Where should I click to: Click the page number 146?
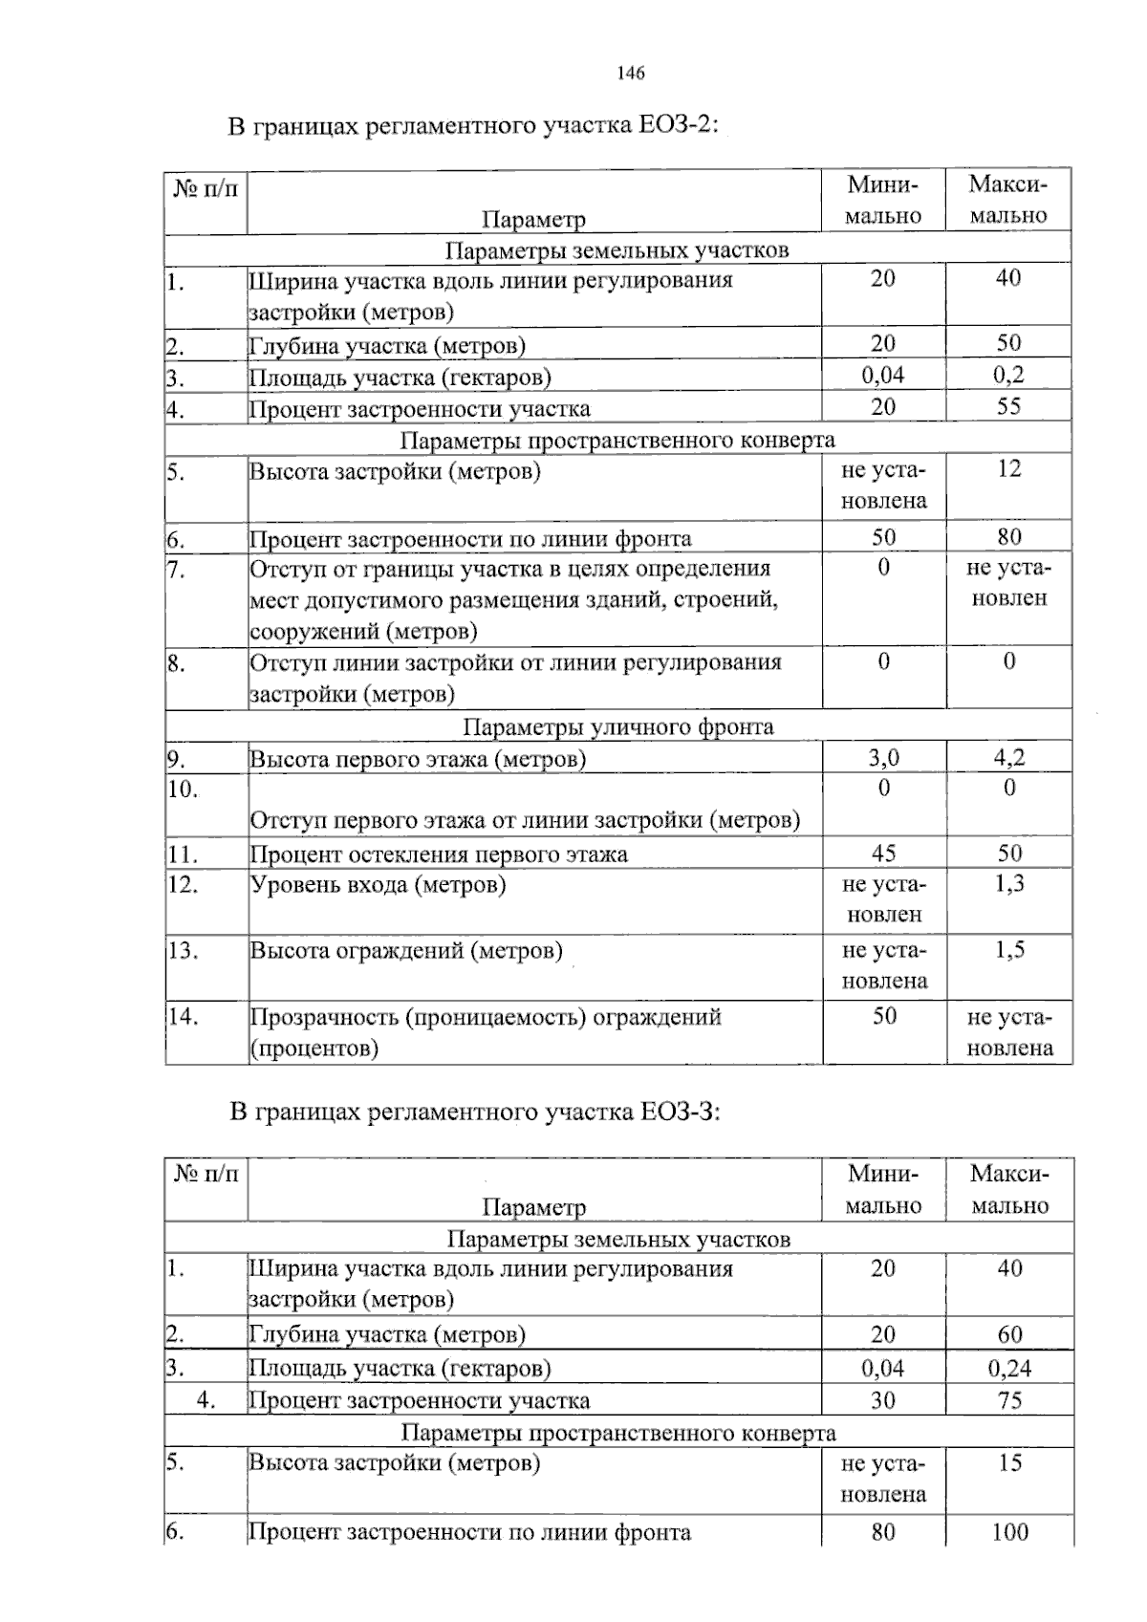click(631, 74)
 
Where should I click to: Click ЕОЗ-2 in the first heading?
click(675, 125)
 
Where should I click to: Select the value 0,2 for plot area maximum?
click(1008, 376)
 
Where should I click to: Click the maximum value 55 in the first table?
click(1008, 407)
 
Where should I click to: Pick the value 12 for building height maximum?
click(1008, 469)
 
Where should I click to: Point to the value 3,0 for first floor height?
click(883, 759)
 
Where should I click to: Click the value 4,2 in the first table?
click(1008, 759)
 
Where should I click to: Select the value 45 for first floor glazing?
click(883, 854)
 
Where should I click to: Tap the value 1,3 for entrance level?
click(1008, 884)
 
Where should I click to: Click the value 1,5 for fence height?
click(1008, 950)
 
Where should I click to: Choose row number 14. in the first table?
click(183, 1017)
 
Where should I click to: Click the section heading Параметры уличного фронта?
click(617, 727)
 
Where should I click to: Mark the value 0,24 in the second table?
click(1009, 1368)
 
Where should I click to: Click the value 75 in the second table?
click(1009, 1400)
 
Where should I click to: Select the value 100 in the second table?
click(1009, 1532)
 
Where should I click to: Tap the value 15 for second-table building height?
click(1009, 1463)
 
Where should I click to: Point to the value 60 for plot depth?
click(1009, 1334)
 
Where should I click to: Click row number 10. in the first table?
click(183, 789)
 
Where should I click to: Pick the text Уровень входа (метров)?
click(379, 885)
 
